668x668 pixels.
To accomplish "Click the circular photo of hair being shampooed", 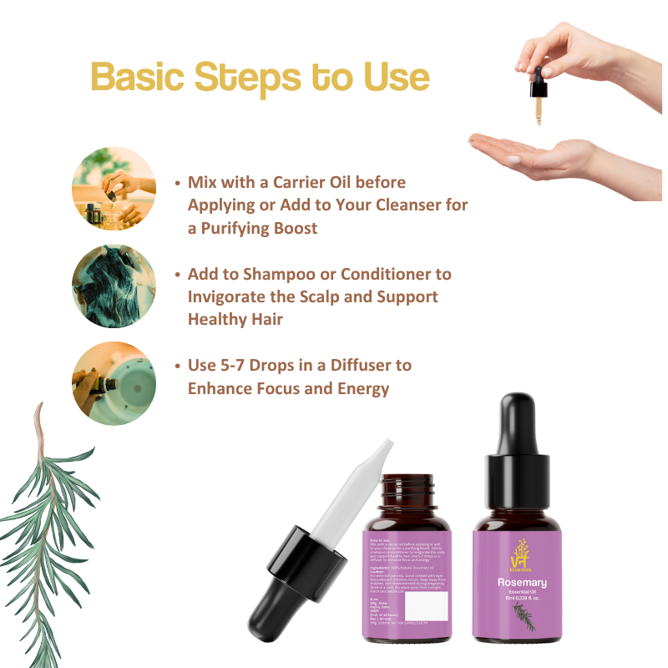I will tap(114, 286).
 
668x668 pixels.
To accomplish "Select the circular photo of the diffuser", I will tap(114, 383).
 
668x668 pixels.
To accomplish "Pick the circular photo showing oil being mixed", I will tap(114, 188).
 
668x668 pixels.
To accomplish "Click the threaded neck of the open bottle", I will tap(409, 485).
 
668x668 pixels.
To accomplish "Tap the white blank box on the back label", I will tap(426, 606).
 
